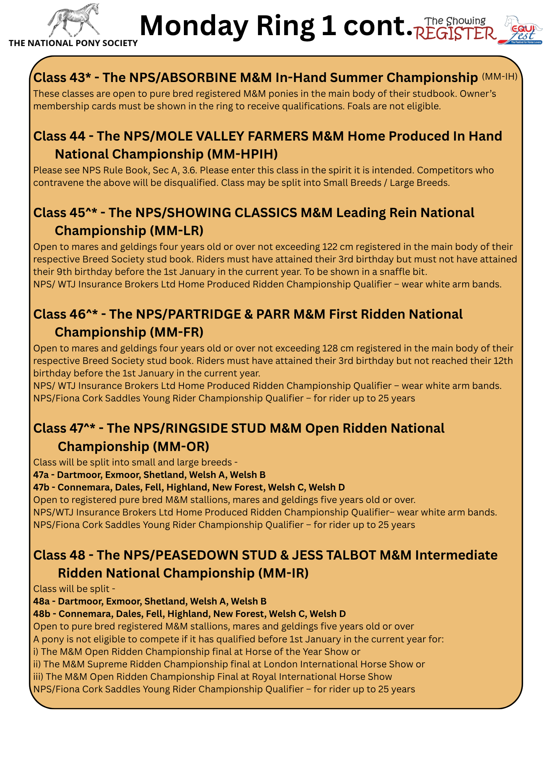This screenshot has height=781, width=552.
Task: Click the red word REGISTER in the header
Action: coord(455,34)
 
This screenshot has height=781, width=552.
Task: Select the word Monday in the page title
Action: coord(194,26)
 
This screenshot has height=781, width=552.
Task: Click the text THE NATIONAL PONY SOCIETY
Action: coord(73,43)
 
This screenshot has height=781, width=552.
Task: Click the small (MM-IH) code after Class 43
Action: coord(500,77)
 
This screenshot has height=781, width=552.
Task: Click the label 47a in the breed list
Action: coord(41,475)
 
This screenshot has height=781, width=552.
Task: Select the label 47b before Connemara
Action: coord(41,487)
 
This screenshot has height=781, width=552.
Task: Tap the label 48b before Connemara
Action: coord(42,614)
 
